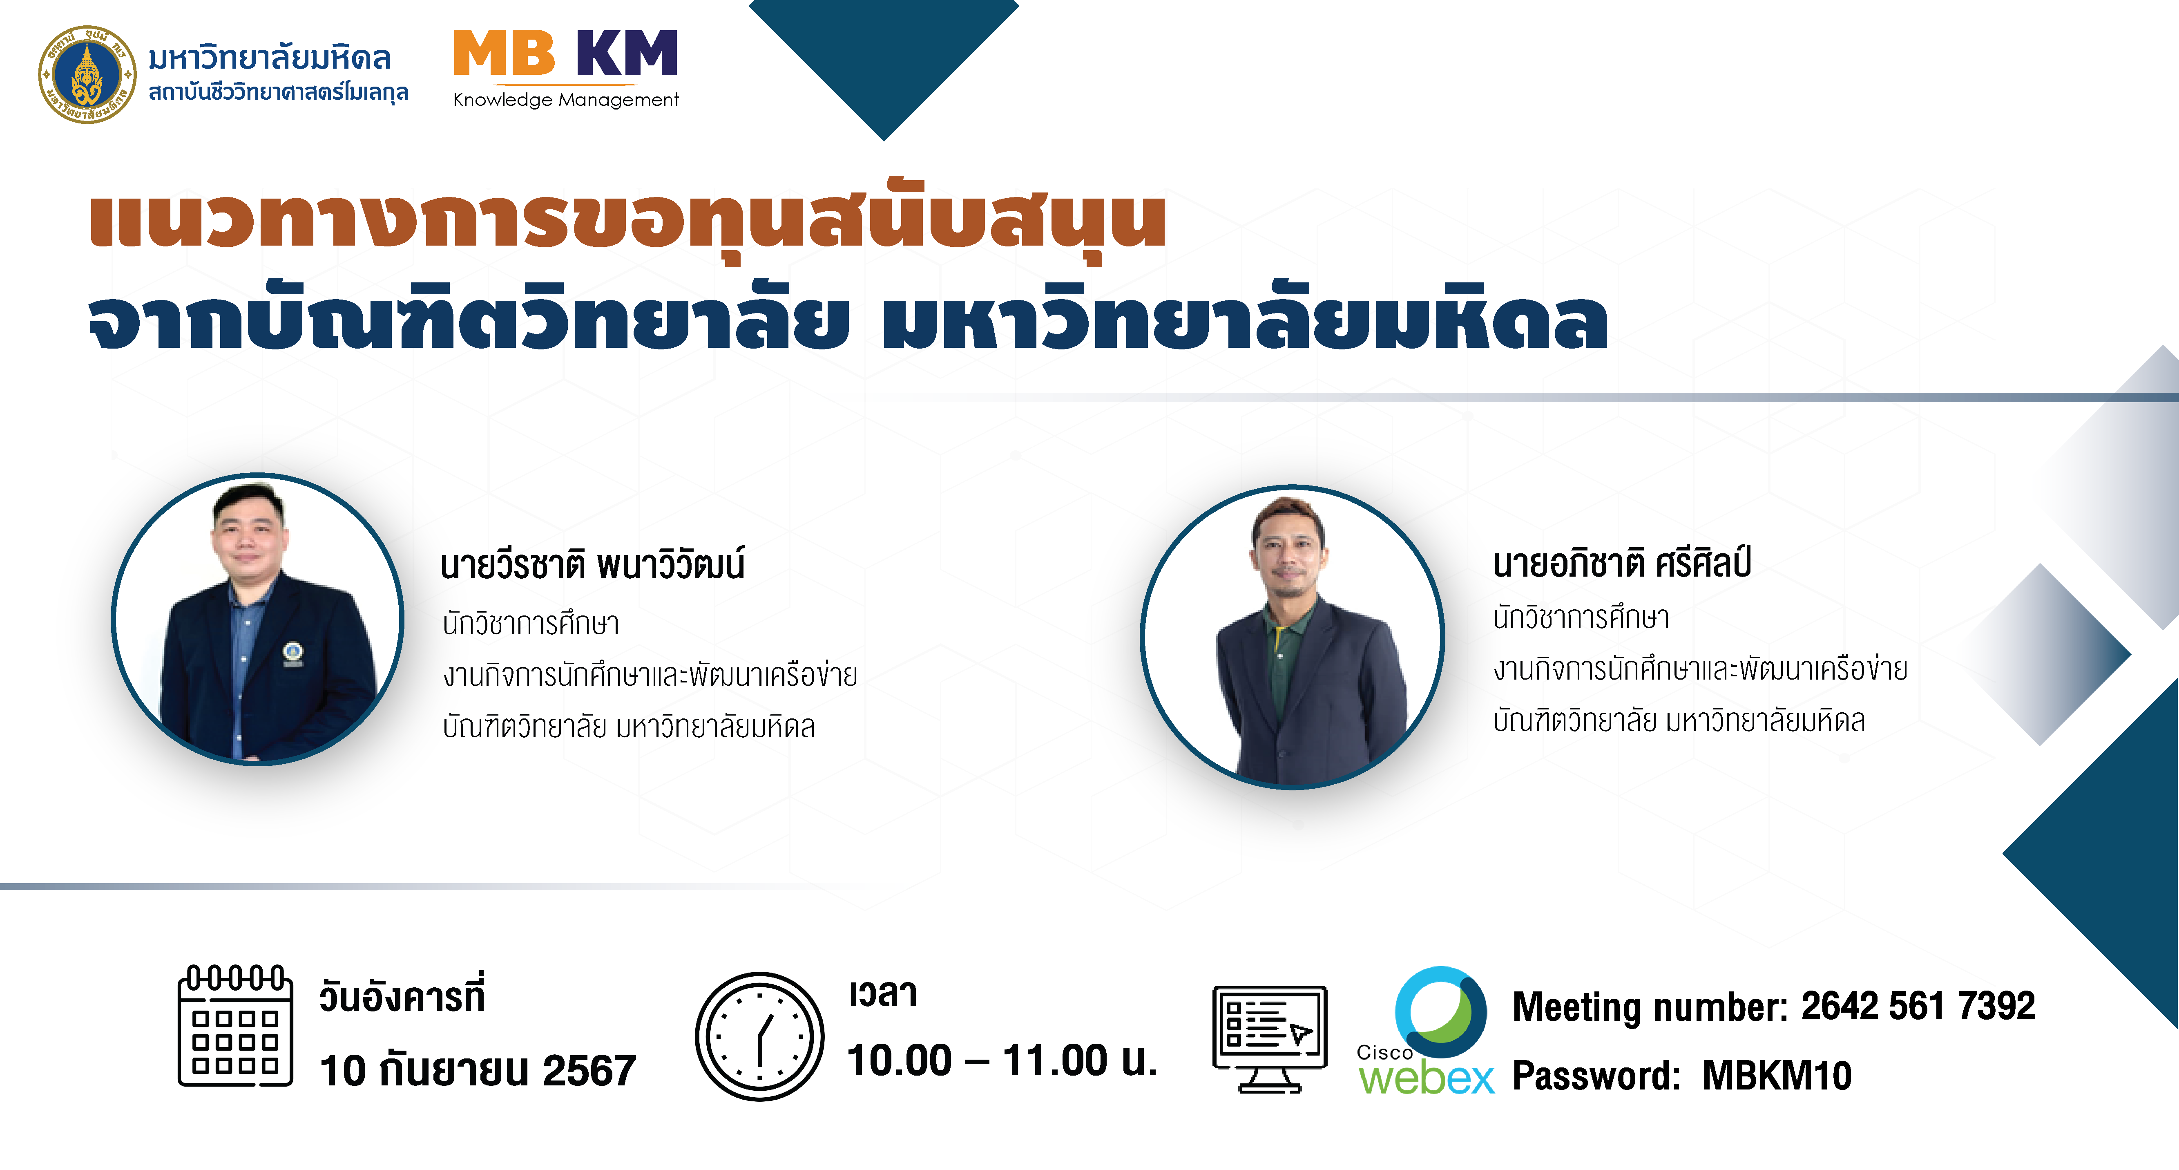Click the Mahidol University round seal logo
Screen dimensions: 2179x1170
pyautogui.click(x=87, y=74)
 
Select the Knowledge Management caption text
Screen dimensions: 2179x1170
pyautogui.click(x=566, y=100)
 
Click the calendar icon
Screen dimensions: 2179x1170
pyautogui.click(x=235, y=1025)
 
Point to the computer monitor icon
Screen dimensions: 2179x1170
pyautogui.click(x=1270, y=1039)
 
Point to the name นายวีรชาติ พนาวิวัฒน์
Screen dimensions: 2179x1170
pyautogui.click(x=592, y=564)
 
